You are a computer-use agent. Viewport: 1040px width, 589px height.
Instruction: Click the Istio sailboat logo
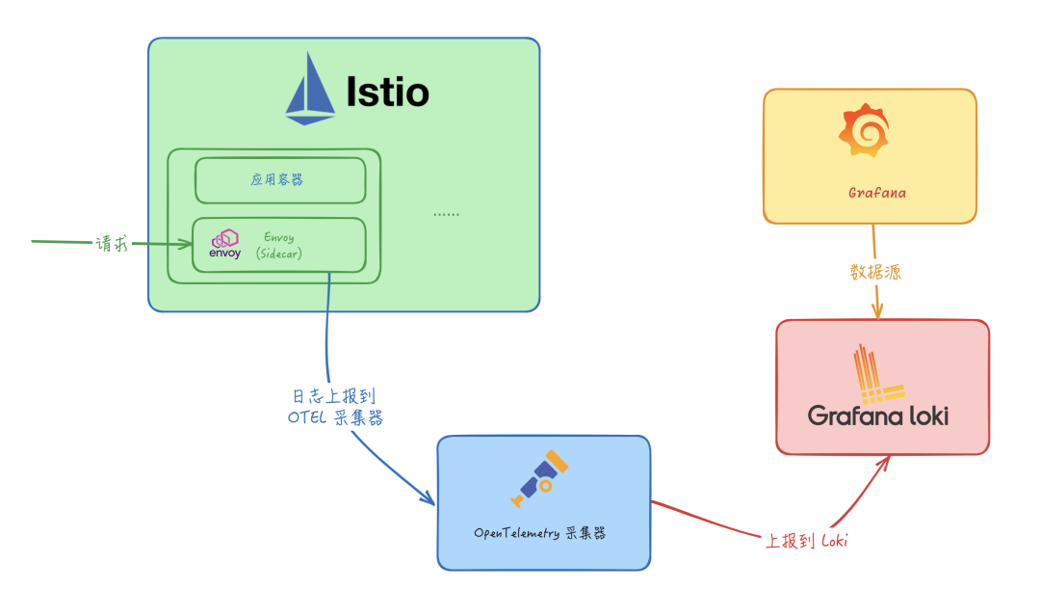coord(310,90)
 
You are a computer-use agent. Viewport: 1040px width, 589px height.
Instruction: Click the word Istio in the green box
coord(387,92)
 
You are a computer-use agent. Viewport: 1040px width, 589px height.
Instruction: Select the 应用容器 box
coord(279,179)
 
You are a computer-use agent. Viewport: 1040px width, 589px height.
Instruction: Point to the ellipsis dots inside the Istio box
coord(446,213)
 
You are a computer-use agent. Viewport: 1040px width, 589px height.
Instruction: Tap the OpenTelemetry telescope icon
coord(540,478)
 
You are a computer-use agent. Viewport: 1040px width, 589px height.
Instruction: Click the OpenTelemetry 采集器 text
coord(539,533)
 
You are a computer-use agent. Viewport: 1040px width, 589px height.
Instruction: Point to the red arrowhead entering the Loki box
coord(884,462)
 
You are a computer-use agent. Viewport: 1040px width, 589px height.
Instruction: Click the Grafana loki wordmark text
coord(877,415)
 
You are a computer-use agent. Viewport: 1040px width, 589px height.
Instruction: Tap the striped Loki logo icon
coord(877,374)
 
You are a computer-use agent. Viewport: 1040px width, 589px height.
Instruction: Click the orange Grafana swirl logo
coord(864,132)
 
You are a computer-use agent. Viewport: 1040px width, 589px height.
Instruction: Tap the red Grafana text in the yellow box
coord(876,193)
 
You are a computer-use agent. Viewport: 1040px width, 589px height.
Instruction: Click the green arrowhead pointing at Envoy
coord(186,244)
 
